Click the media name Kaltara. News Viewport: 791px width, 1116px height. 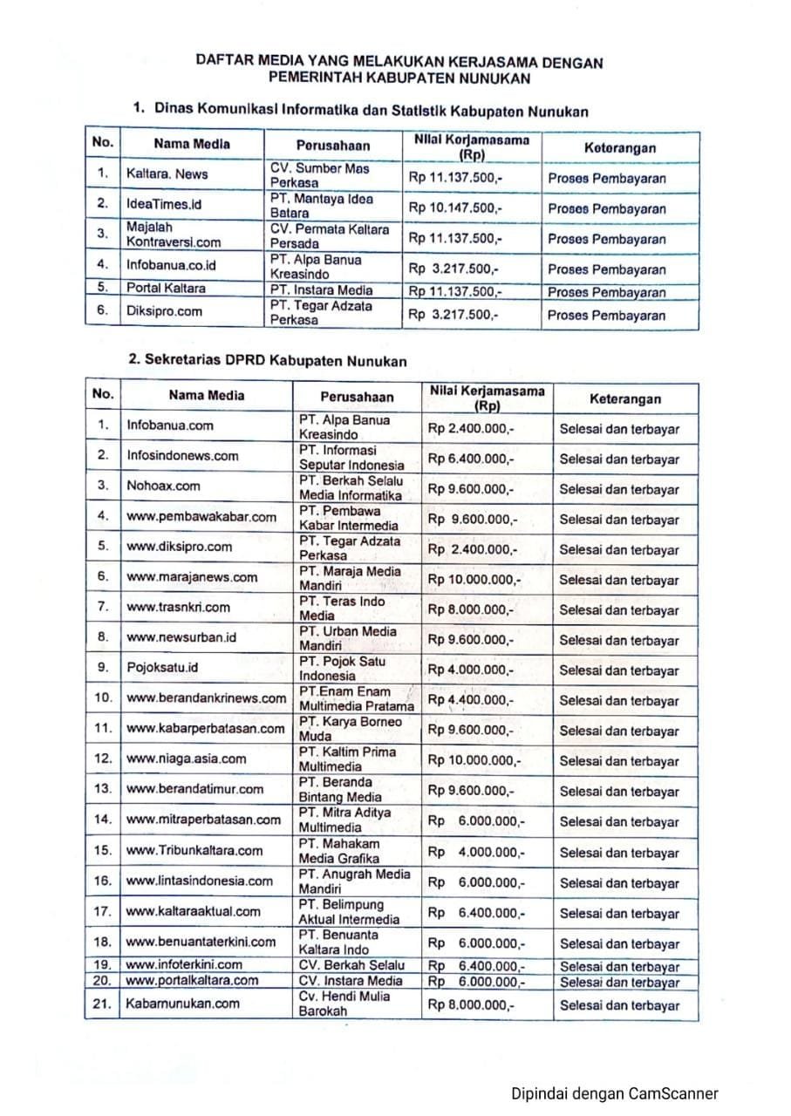pos(167,174)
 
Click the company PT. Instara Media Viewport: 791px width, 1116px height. pos(321,290)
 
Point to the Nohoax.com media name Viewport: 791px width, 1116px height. pos(163,486)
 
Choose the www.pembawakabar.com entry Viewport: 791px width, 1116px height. pos(201,516)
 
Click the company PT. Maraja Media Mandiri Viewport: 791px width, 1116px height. pos(350,578)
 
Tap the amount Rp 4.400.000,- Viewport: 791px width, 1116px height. pos(471,700)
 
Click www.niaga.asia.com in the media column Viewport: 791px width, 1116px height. pos(187,759)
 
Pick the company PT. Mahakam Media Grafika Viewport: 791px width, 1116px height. pos(339,851)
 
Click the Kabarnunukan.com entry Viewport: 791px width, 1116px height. pos(182,1004)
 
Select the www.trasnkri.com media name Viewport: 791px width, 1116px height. pos(179,607)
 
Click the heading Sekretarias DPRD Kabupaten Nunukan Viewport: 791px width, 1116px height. pos(267,360)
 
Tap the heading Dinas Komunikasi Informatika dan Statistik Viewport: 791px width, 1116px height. pos(360,111)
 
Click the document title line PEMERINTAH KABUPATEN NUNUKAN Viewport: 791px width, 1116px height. pos(399,78)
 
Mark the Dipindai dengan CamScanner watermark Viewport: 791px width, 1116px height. pos(615,1093)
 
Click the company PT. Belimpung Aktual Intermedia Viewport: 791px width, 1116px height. pos(349,912)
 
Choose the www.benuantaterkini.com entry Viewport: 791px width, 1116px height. pos(201,942)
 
